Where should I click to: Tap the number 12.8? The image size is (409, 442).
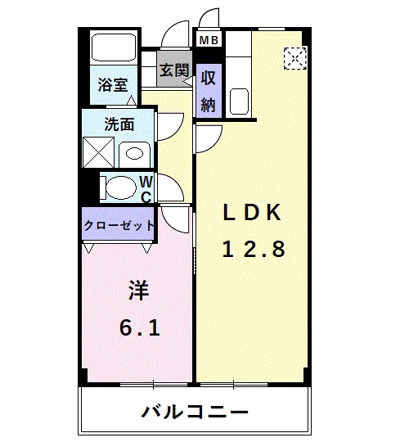click(x=254, y=250)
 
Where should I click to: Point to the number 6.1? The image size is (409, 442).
click(x=139, y=327)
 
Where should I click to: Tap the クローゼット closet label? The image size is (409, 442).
click(x=119, y=225)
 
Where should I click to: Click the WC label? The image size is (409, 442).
click(x=144, y=188)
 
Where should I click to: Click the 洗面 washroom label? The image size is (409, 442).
click(x=119, y=124)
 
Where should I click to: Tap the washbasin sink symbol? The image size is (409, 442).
click(x=134, y=153)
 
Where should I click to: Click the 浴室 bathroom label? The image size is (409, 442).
click(x=111, y=84)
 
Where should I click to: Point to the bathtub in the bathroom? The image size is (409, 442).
click(x=113, y=49)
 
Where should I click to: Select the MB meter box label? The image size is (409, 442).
click(x=205, y=38)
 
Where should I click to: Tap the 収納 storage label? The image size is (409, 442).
click(x=209, y=90)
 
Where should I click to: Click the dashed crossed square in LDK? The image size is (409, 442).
click(x=294, y=58)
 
